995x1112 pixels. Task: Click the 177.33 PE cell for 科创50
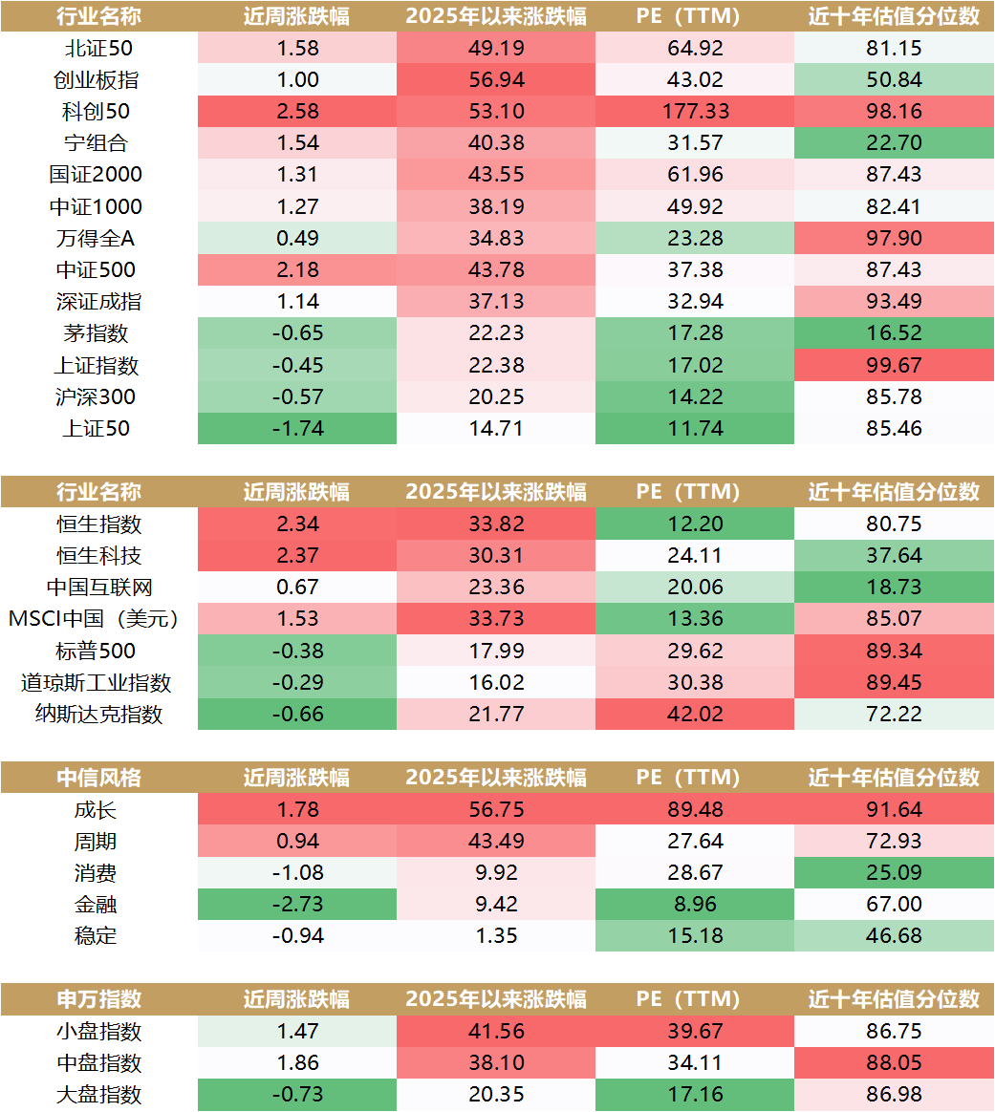695,112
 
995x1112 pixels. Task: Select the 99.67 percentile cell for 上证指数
894,366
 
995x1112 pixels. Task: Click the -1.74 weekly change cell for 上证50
296,429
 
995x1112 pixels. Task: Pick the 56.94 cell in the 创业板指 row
496,80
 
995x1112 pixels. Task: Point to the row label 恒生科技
99,556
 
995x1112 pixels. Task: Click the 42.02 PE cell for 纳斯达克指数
695,714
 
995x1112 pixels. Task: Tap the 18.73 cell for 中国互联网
894,588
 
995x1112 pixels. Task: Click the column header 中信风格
99,778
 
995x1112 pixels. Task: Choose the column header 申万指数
99,999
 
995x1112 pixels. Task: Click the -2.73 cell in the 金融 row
296,904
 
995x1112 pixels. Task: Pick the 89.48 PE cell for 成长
695,810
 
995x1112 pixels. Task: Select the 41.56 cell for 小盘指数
496,1032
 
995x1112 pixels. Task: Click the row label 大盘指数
99,1095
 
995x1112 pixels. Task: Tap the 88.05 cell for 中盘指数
894,1063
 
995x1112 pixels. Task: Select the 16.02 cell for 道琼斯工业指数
496,682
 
